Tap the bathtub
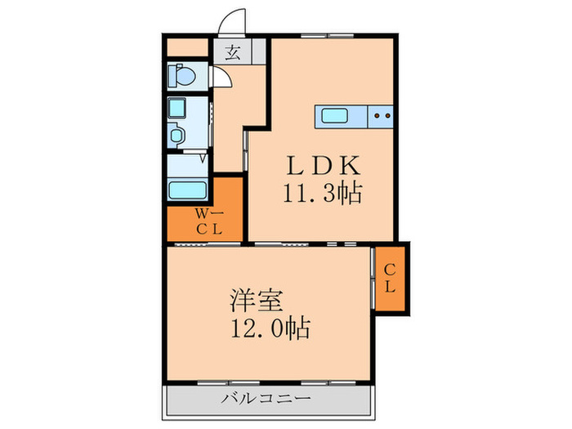point(189,190)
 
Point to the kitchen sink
point(337,115)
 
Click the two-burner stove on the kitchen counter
point(381,116)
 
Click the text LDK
point(322,166)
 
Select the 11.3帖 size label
point(323,194)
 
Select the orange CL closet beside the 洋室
point(391,277)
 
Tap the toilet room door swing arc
point(221,79)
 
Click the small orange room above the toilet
point(189,47)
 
